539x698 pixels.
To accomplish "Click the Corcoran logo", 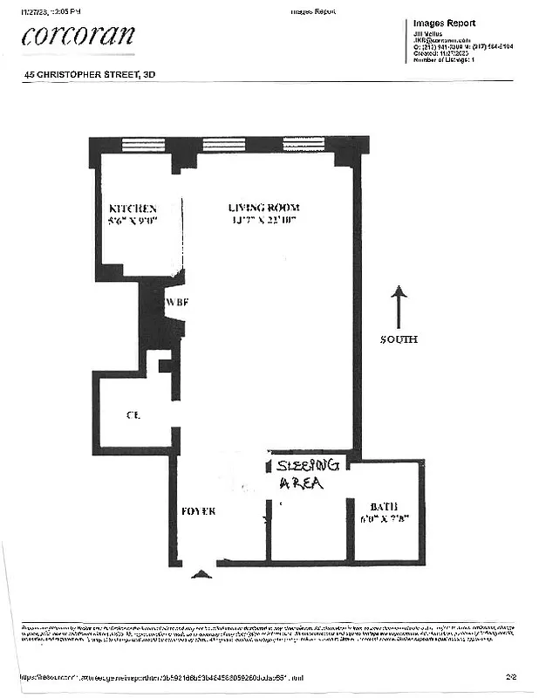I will pyautogui.click(x=78, y=36).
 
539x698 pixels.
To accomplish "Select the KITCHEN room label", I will pyautogui.click(x=132, y=209).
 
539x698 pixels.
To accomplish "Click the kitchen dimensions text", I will pyautogui.click(x=132, y=222).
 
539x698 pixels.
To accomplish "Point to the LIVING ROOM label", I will pyautogui.click(x=263, y=208).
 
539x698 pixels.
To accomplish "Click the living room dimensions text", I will pyautogui.click(x=263, y=221).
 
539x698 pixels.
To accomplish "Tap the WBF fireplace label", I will pyautogui.click(x=177, y=303).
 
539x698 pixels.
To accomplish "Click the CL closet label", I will pyautogui.click(x=133, y=415).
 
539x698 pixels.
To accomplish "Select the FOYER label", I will pyautogui.click(x=199, y=510).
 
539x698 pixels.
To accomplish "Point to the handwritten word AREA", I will pyautogui.click(x=301, y=482).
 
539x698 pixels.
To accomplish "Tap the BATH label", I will pyautogui.click(x=384, y=505).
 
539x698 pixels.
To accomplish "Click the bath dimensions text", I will pyautogui.click(x=385, y=518).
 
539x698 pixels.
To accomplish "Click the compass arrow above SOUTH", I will pyautogui.click(x=398, y=306).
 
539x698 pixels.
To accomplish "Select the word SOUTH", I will pyautogui.click(x=398, y=339).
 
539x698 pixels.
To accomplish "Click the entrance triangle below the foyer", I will pyautogui.click(x=201, y=574).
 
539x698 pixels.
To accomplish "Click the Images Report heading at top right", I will pyautogui.click(x=444, y=24).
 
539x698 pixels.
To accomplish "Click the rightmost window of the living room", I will pyautogui.click(x=304, y=145).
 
